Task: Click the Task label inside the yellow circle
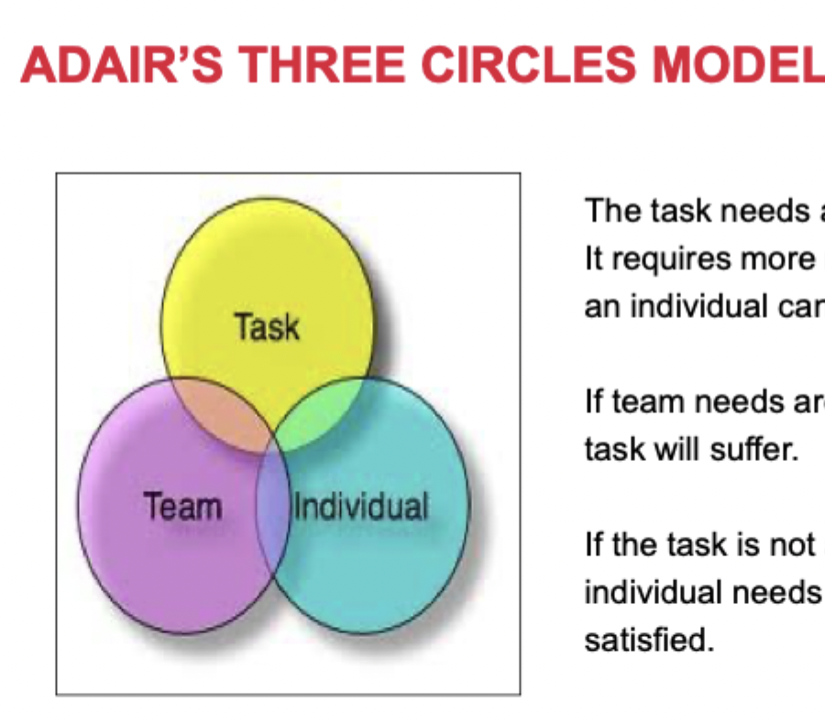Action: point(266,326)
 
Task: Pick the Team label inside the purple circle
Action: point(181,505)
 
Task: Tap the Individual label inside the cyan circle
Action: point(360,505)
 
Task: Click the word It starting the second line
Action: point(593,259)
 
